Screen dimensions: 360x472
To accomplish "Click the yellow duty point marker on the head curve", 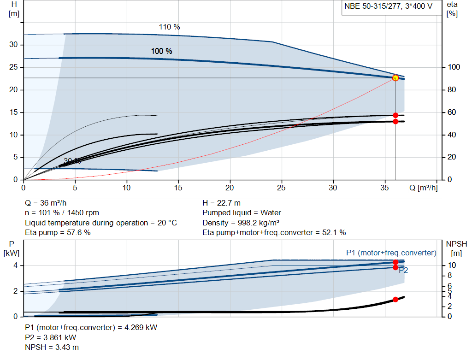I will (x=395, y=77).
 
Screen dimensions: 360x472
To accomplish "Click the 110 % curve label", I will (x=169, y=27).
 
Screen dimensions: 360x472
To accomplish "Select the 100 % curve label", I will (x=161, y=51).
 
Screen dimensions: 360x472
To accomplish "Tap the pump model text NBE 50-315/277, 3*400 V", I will (x=388, y=6).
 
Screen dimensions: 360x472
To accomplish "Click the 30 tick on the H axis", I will (x=14, y=45).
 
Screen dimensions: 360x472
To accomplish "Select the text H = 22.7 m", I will (x=221, y=203).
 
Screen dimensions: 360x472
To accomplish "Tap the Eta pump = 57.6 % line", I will (x=58, y=233).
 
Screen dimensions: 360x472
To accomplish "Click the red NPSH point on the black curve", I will (x=395, y=299).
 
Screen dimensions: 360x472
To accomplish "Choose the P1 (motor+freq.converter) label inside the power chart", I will (x=391, y=253).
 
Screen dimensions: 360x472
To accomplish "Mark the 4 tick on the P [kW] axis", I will (x=15, y=266).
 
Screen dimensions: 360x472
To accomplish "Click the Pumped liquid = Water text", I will (x=242, y=213).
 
